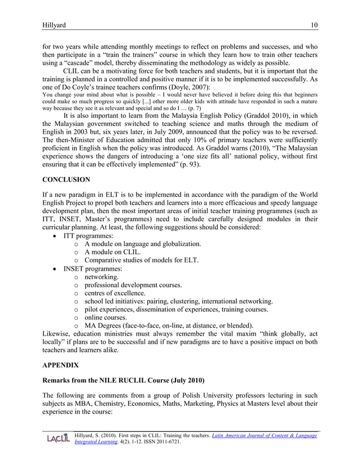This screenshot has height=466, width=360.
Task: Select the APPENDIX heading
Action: [61, 365]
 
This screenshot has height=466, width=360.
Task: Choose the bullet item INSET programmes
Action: [96, 269]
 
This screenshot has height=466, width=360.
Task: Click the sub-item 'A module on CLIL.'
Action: [112, 252]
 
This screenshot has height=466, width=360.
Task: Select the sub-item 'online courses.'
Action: [107, 317]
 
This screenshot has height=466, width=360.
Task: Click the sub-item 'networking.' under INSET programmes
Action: [102, 278]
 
